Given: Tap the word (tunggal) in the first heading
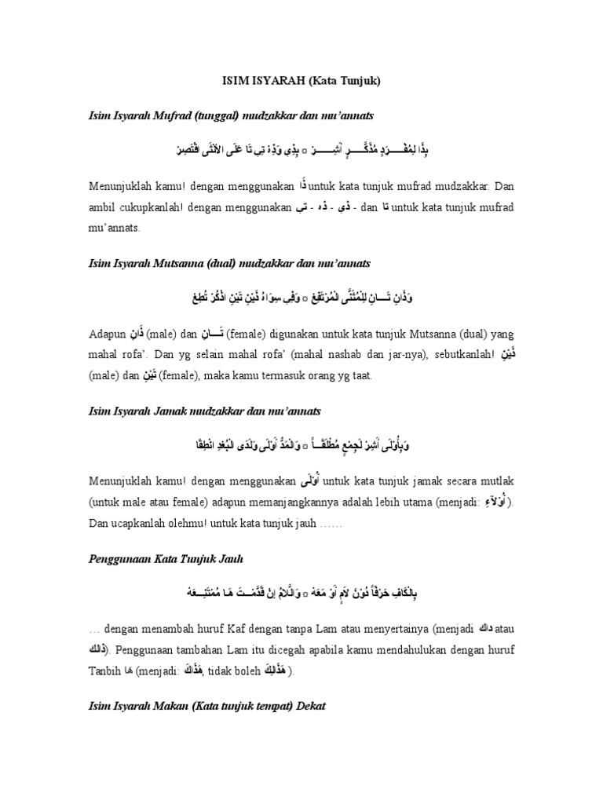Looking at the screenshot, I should coord(185,115).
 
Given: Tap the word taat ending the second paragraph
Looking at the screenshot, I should coord(363,377).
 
